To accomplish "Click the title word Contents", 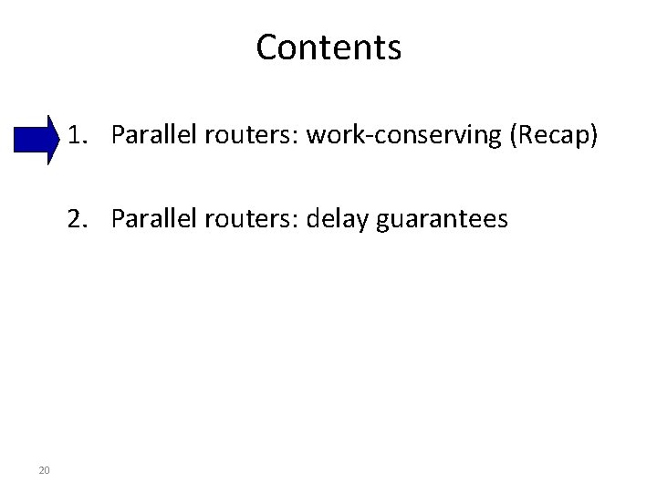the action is pos(328,47).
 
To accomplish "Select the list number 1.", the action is pos(76,136).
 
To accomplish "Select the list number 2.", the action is pos(76,219).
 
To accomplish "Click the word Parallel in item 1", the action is pos(151,136).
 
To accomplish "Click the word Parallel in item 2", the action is pos(151,219).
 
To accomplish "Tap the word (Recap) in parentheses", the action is pos(555,136).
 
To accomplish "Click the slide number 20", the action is pos(44,470).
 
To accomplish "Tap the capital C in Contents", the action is pos(266,47).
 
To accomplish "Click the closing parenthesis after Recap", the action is pos(595,136).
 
